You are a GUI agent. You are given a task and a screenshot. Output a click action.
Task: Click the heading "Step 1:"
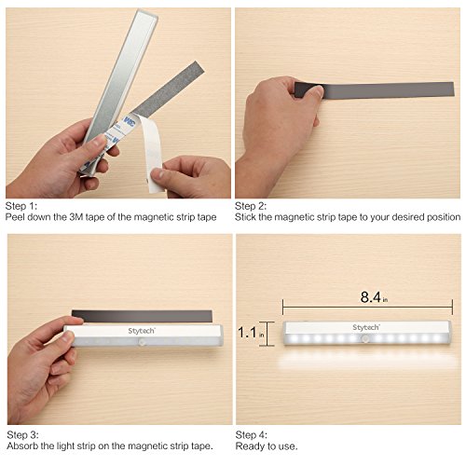(21, 206)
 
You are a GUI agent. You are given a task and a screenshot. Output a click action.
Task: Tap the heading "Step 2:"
(251, 206)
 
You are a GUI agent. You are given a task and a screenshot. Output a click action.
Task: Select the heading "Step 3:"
(22, 434)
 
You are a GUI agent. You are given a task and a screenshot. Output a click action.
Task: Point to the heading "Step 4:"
(252, 434)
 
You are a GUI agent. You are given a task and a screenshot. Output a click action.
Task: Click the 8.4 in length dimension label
(374, 297)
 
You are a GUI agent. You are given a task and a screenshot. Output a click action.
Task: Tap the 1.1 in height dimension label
(251, 332)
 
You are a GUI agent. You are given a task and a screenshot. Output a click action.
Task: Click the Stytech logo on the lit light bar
(366, 327)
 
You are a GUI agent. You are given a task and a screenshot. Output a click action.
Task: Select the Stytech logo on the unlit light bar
(142, 331)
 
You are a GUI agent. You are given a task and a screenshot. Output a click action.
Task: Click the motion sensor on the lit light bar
(365, 338)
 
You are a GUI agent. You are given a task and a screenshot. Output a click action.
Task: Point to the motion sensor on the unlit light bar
(142, 343)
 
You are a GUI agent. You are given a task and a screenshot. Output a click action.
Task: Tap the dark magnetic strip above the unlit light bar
(142, 316)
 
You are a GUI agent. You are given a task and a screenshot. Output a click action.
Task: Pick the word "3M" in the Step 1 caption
(76, 217)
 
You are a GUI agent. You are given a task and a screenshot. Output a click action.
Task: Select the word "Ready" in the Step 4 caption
(249, 446)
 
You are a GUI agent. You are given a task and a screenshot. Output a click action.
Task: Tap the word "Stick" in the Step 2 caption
(245, 217)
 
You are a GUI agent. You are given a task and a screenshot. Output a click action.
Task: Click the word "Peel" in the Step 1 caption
(15, 217)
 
